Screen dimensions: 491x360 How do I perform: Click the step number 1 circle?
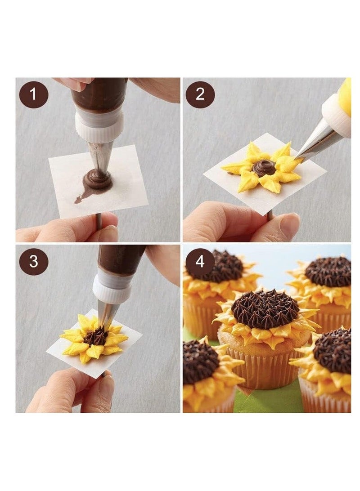point(33,94)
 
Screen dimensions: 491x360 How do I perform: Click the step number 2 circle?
point(200,94)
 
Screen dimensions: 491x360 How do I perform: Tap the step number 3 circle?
point(33,261)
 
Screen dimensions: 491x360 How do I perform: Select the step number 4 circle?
point(200,261)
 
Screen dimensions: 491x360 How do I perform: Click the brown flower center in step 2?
point(264,168)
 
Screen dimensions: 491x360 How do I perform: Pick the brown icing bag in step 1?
point(100,94)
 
